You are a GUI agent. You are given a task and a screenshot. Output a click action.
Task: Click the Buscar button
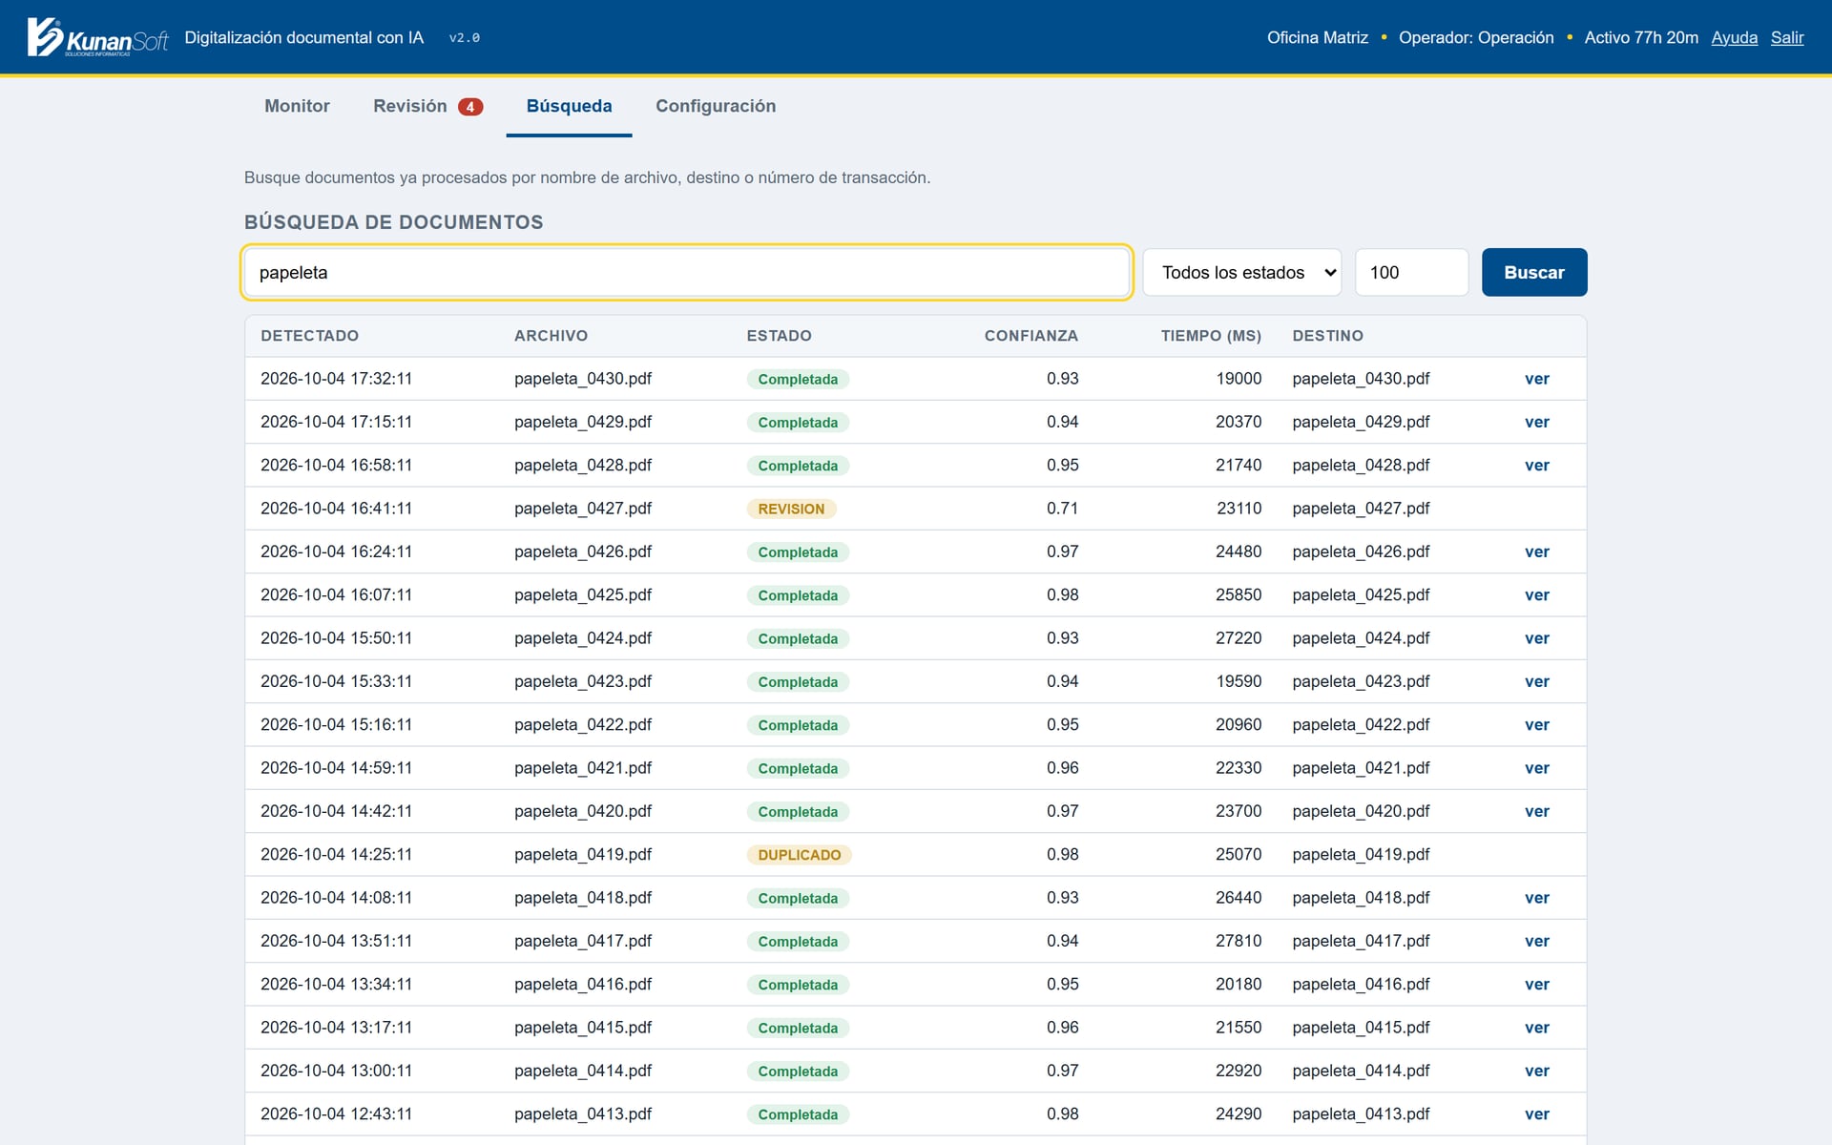tap(1534, 272)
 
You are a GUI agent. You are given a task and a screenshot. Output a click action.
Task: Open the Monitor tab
tap(297, 106)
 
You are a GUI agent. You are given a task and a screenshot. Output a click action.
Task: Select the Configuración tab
tap(716, 106)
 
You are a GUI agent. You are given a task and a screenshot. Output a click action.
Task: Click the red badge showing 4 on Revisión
tap(470, 107)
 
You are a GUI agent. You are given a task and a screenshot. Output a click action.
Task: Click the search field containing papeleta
tap(687, 272)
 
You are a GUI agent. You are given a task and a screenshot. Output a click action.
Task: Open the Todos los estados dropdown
tap(1242, 272)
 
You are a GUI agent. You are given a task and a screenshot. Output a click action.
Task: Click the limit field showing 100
tap(1411, 272)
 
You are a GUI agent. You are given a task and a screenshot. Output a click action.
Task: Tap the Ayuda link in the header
tap(1735, 37)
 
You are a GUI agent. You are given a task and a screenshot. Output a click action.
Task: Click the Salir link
tap(1787, 37)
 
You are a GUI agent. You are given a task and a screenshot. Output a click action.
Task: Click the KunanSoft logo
tap(97, 37)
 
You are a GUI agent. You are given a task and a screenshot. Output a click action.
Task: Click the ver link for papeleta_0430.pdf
tap(1537, 379)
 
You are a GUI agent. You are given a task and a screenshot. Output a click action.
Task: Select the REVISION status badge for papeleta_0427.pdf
tap(791, 509)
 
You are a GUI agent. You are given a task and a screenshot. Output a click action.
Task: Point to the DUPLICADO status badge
tap(799, 855)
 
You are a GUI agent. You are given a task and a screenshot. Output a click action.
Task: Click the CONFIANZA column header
tap(1031, 336)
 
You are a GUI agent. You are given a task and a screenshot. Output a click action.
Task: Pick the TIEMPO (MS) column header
tap(1211, 336)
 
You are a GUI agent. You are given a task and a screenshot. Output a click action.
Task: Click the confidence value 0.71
tap(1062, 509)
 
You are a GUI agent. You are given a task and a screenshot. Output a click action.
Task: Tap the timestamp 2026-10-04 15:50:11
tap(336, 638)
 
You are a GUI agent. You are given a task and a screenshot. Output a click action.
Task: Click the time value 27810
tap(1239, 941)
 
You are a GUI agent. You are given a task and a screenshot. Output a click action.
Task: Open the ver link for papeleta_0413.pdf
tap(1537, 1114)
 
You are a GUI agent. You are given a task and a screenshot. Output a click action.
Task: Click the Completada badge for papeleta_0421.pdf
tap(798, 768)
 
